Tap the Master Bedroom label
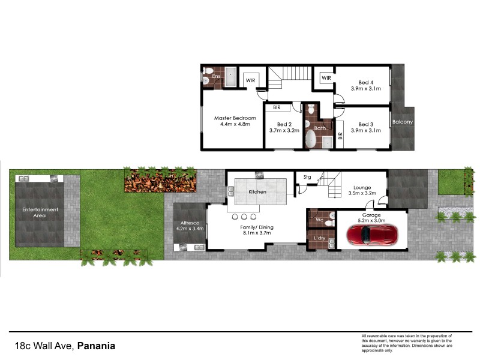[x=235, y=118]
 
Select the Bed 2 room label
[x=284, y=124]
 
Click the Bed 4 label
[x=366, y=83]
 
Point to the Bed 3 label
[x=366, y=124]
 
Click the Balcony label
[x=402, y=122]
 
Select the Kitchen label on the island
[x=257, y=192]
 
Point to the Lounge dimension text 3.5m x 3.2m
[x=362, y=194]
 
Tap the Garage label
[x=371, y=214]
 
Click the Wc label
[x=319, y=220]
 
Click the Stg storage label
[x=307, y=177]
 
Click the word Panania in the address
[x=97, y=346]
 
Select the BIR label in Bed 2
[x=277, y=107]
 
